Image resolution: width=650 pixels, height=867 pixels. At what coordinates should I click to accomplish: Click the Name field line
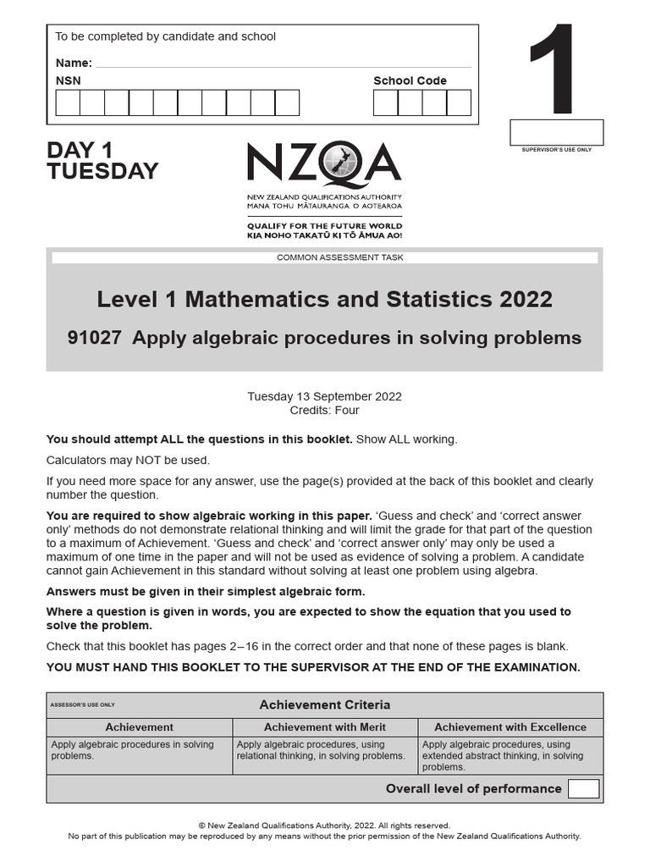[283, 64]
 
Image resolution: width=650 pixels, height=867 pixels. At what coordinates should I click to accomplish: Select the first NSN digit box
[68, 102]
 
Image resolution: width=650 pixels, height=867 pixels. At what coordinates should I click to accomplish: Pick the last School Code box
[459, 102]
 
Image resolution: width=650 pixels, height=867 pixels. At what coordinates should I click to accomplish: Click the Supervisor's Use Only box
[556, 132]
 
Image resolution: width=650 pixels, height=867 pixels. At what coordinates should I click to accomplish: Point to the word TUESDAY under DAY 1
[102, 172]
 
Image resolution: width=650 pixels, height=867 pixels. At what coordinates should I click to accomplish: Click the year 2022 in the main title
[526, 300]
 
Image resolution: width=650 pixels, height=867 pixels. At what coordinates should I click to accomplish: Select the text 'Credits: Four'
[324, 411]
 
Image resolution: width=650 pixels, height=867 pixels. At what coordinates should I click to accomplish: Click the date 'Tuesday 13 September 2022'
[324, 396]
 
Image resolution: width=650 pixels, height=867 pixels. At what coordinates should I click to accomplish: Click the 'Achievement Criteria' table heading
[324, 705]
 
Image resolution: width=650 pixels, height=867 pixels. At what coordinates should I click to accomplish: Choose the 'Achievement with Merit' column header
[324, 727]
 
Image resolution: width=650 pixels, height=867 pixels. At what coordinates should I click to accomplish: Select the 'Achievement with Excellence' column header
[510, 727]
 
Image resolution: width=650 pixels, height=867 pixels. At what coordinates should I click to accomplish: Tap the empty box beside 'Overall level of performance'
[583, 789]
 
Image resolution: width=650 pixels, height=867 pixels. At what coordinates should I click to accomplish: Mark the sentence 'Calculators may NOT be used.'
[128, 461]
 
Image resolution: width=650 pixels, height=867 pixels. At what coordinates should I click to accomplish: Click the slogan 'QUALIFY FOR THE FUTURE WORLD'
[324, 226]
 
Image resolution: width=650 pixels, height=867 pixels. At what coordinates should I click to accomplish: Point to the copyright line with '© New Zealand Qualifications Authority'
[324, 826]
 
